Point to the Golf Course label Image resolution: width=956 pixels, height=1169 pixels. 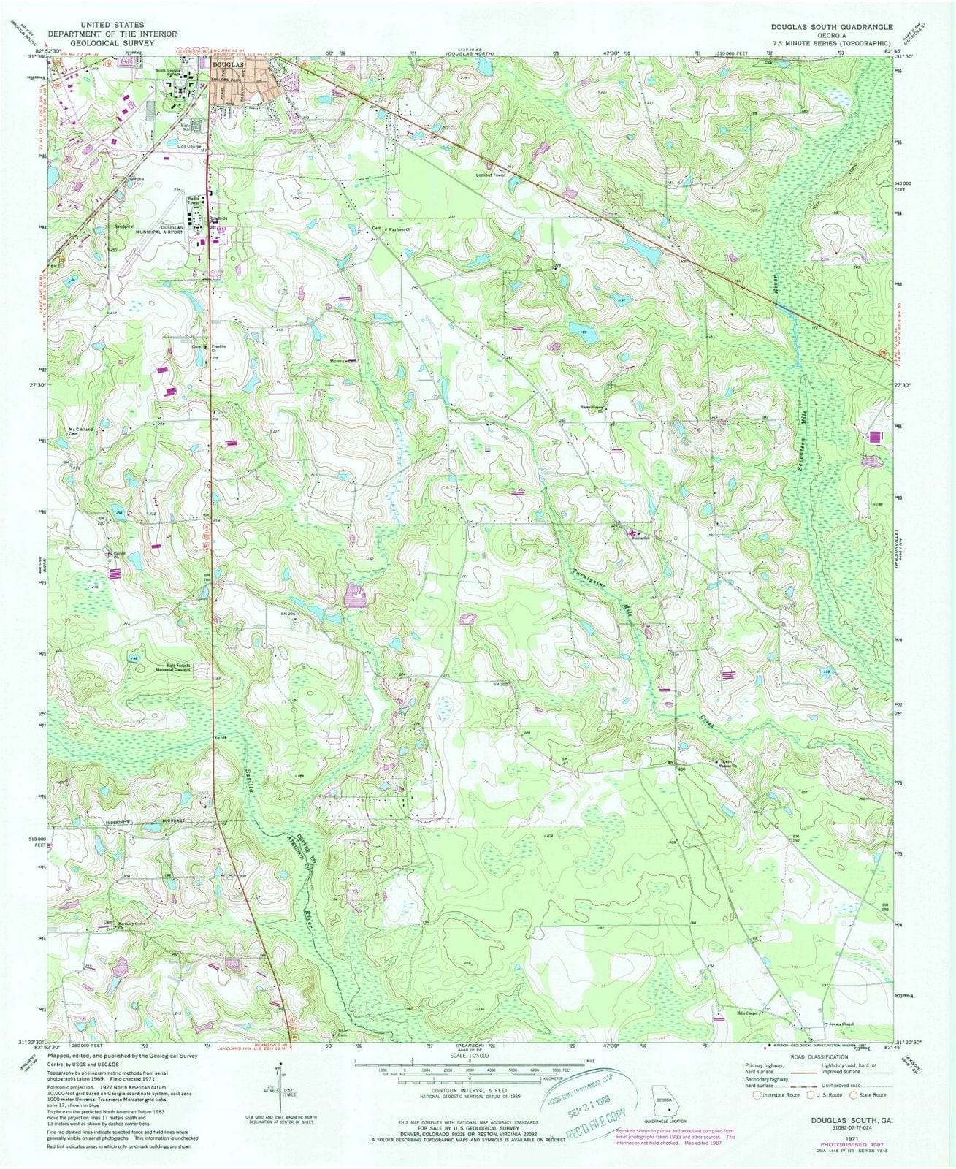[189, 147]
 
